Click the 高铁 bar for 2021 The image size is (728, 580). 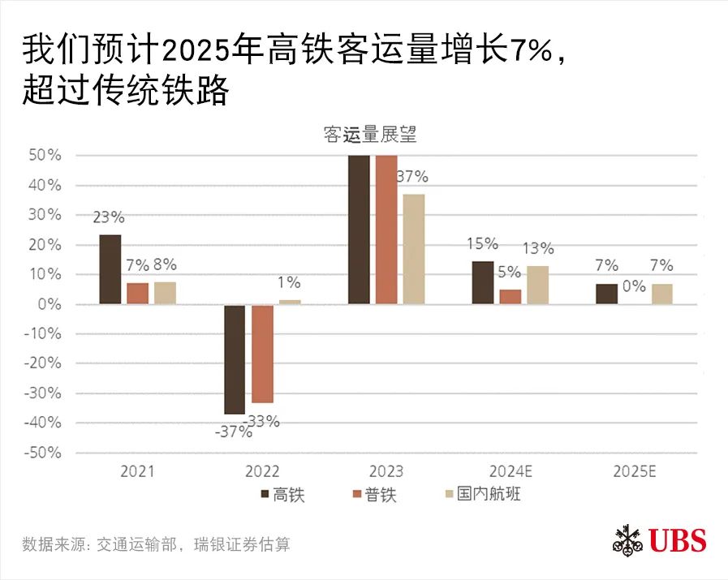[x=110, y=269]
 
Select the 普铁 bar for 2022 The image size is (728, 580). [x=262, y=354]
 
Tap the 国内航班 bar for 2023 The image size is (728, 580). [x=413, y=249]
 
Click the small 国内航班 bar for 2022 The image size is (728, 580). [x=289, y=302]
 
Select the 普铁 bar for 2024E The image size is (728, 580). [x=510, y=296]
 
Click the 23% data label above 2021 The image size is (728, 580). [x=108, y=217]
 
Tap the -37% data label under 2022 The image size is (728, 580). [x=233, y=432]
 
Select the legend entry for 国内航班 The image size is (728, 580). [x=481, y=494]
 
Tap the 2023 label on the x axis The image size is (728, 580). [x=386, y=471]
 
